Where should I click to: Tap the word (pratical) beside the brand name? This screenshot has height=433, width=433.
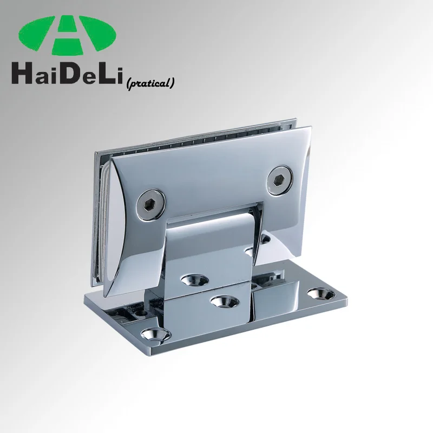coord(150,83)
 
